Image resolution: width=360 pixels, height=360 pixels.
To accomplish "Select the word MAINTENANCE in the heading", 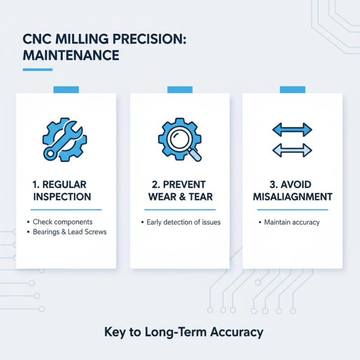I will click(x=71, y=55).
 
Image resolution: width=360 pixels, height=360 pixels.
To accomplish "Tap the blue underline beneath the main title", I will click(x=37, y=69).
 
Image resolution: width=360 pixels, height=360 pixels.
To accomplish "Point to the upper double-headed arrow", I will click(x=292, y=130).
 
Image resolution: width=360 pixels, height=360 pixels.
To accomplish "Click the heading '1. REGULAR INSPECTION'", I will click(x=65, y=190).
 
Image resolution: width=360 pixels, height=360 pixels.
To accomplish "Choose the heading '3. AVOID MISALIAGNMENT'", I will click(x=292, y=190).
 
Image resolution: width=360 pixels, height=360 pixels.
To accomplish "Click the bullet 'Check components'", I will click(x=63, y=222).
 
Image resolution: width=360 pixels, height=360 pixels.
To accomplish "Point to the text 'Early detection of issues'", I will click(x=184, y=222).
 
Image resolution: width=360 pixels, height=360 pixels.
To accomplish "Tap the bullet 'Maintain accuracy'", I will click(x=292, y=222).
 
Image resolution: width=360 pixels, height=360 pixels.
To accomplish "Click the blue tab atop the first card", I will click(x=66, y=90).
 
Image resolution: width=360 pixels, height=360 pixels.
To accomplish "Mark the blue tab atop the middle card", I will click(x=180, y=90).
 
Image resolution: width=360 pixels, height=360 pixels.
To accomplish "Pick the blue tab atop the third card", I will click(x=292, y=90).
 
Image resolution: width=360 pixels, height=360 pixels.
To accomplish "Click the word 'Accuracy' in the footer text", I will click(x=237, y=333).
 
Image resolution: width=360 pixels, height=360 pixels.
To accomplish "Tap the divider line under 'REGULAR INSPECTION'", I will click(x=66, y=210).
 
